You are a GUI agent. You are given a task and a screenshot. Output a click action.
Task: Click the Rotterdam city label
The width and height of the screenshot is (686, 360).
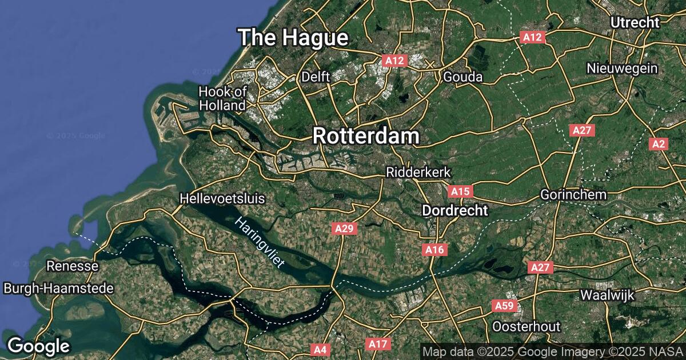tap(366, 136)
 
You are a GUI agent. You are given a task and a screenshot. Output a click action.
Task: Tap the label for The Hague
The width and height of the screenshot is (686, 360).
tap(293, 38)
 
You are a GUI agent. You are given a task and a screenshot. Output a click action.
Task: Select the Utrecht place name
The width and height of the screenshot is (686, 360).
tap(635, 22)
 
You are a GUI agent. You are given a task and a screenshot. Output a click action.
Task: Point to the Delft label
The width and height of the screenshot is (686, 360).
tap(316, 77)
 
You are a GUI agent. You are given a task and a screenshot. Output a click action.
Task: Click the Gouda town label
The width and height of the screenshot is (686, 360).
tap(463, 77)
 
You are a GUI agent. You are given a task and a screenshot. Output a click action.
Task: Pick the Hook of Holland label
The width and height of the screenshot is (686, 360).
tap(222, 98)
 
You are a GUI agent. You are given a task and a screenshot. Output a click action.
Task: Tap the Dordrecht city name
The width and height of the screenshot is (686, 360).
tap(455, 210)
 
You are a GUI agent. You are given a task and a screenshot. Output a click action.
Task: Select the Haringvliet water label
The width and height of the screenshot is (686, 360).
tap(260, 243)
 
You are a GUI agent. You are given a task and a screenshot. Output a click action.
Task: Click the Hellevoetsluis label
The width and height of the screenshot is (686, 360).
tap(222, 199)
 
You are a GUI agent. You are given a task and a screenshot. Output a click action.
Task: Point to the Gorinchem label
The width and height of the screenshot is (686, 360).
tap(573, 194)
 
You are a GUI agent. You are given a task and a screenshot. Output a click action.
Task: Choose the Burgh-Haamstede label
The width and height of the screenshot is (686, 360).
tap(58, 289)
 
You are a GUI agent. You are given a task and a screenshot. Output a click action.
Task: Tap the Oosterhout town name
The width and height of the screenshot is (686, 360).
tap(527, 326)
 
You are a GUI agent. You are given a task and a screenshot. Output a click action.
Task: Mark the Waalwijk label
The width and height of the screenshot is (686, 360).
tap(605, 295)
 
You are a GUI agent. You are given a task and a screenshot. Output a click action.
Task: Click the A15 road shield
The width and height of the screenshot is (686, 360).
tap(460, 190)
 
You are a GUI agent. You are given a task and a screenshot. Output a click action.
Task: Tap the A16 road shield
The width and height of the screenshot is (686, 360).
tap(435, 249)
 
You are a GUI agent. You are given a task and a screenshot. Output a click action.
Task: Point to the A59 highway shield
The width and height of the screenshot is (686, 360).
tap(504, 306)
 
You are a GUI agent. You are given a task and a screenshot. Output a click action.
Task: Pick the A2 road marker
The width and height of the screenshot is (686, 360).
tap(659, 144)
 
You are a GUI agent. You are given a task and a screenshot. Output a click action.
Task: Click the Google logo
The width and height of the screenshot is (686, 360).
tap(38, 346)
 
